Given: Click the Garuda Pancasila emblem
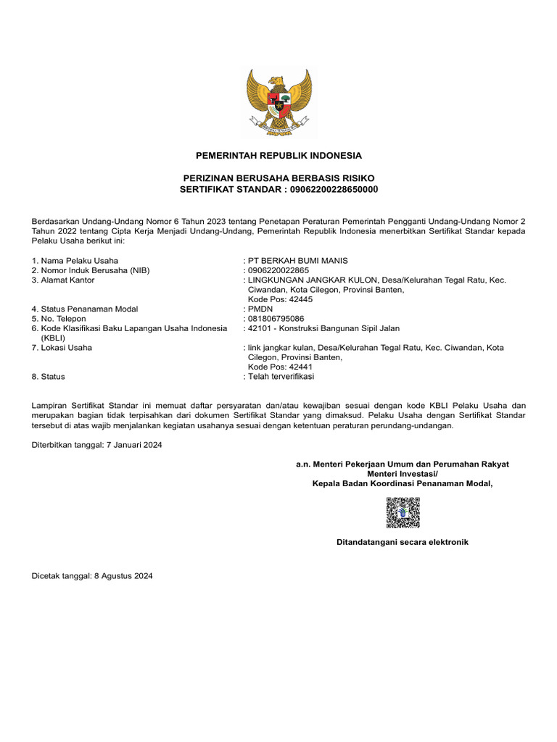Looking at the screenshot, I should (278, 102).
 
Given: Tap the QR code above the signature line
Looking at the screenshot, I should (403, 512).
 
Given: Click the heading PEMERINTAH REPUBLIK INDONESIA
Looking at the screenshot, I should (278, 156).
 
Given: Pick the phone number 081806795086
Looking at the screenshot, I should (276, 318).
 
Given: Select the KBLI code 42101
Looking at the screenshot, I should (260, 328).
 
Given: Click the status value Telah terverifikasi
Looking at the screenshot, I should (281, 377).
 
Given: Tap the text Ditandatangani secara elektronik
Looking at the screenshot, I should (403, 542).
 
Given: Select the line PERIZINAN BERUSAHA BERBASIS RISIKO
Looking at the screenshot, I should (278, 178).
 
